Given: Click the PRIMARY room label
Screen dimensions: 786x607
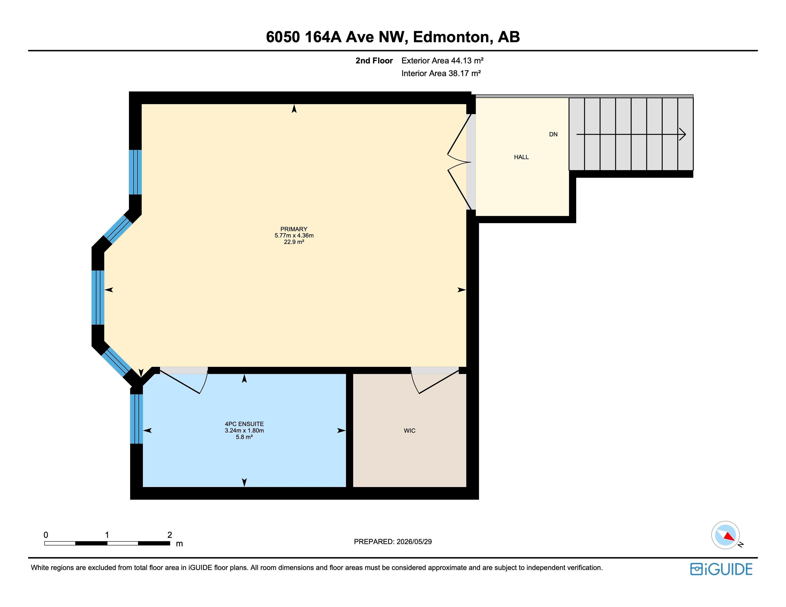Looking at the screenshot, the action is tap(294, 229).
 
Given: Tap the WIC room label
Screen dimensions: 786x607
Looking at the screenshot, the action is tap(409, 430).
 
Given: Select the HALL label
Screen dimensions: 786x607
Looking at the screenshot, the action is tap(521, 157).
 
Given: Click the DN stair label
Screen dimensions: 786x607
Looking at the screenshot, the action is tap(553, 134).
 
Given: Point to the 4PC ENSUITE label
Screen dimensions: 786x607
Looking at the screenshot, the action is tap(244, 424).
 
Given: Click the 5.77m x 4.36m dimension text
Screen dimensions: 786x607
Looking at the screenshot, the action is tap(294, 236).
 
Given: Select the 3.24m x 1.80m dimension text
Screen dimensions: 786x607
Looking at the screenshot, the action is tap(244, 430).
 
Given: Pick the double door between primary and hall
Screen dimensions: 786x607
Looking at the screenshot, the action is tap(459, 162).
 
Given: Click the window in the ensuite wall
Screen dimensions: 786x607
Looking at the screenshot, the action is tap(136, 419).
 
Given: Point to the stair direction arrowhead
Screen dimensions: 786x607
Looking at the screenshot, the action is tap(682, 134).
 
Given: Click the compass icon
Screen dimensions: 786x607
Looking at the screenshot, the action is tap(726, 535).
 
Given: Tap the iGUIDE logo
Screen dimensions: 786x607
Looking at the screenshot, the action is tap(721, 569).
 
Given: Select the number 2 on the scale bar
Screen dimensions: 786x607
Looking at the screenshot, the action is tap(170, 535).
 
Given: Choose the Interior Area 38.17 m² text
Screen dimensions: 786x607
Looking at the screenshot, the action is tap(441, 73).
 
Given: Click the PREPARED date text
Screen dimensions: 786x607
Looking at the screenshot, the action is tap(393, 542).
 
